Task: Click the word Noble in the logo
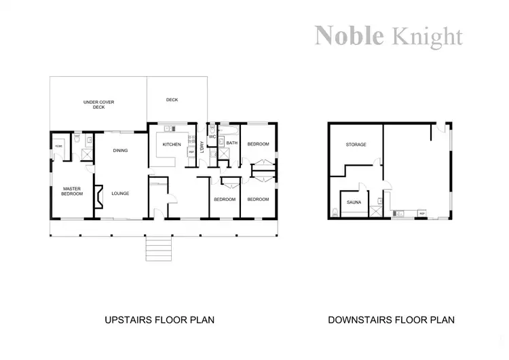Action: point(349,35)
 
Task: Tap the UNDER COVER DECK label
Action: point(98,105)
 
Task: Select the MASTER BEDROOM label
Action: point(72,191)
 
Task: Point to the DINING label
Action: point(120,151)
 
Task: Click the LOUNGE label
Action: point(120,194)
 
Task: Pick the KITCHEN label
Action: point(171,144)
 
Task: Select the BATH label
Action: point(231,143)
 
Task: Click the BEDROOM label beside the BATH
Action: point(258,144)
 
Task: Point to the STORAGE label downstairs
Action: point(356,145)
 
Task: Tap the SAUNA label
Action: point(354,202)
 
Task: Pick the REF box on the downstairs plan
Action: point(421,214)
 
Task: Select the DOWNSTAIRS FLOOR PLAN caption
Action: point(391,319)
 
